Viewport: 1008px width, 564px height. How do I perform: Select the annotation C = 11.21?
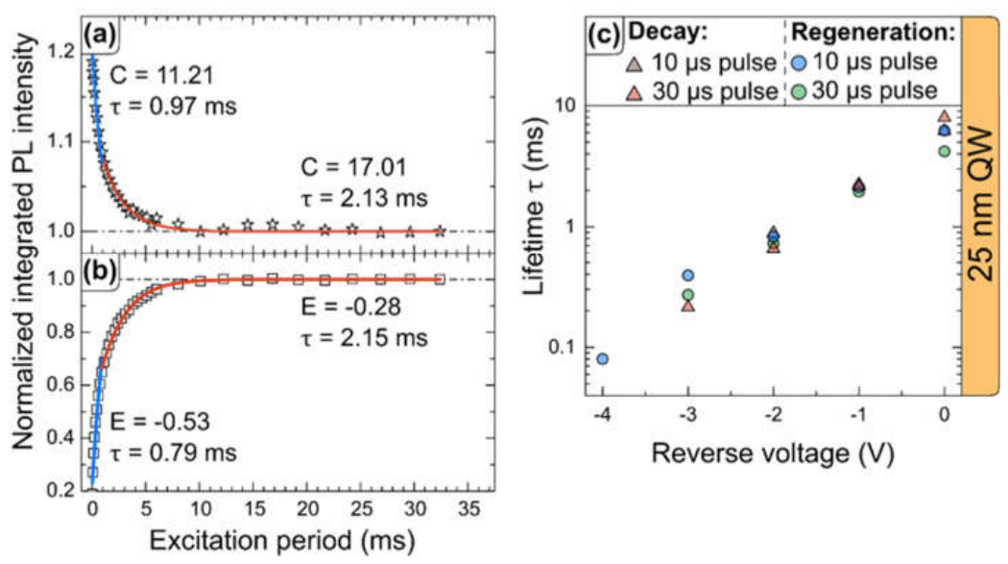pyautogui.click(x=160, y=75)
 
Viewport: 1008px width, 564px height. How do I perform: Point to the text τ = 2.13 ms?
pyautogui.click(x=364, y=197)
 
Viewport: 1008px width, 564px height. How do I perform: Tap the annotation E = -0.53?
pyautogui.click(x=159, y=422)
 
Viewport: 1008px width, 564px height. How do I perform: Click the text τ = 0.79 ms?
pyautogui.click(x=173, y=453)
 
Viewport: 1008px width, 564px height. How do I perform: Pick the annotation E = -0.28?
pyautogui.click(x=351, y=307)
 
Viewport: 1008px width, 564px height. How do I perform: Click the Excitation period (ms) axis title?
pyautogui.click(x=282, y=540)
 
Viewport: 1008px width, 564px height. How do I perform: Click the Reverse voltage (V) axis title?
pyautogui.click(x=773, y=453)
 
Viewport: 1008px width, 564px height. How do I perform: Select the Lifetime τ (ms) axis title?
pyautogui.click(x=534, y=206)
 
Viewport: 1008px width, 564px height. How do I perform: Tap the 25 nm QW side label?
pyautogui.click(x=980, y=205)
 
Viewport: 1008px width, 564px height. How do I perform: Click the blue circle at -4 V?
pyautogui.click(x=602, y=358)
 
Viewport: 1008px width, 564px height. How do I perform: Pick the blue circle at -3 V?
pyautogui.click(x=688, y=275)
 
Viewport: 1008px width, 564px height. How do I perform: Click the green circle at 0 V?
pyautogui.click(x=944, y=152)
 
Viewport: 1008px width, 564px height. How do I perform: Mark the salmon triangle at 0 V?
pyautogui.click(x=944, y=116)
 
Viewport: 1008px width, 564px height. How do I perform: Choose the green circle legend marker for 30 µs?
pyautogui.click(x=798, y=92)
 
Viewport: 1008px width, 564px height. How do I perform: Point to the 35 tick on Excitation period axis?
pyautogui.click(x=469, y=508)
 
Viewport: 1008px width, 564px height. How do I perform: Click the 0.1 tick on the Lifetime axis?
pyautogui.click(x=564, y=348)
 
